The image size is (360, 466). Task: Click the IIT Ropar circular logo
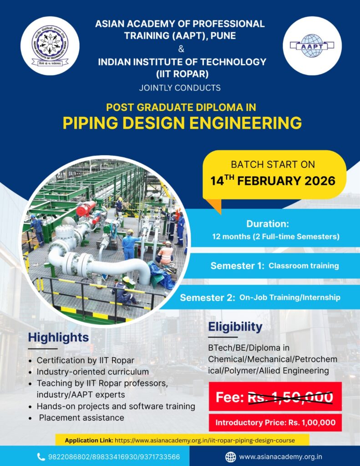coord(50,46)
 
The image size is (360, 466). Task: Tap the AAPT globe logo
coord(312,46)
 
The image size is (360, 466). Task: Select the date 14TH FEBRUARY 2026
coord(273,181)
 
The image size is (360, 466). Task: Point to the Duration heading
coord(268,223)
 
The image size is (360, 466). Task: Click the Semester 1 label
coord(237,266)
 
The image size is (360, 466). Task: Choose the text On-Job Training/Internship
coord(290,297)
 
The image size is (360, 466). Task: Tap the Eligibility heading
coord(235,327)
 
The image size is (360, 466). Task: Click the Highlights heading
coord(58,338)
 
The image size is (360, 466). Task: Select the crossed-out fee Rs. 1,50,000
coord(290,397)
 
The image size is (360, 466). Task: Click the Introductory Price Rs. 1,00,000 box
coord(275,422)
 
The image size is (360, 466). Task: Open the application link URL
coord(205,440)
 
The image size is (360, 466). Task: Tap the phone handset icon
coord(41,457)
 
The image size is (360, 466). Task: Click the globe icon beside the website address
coord(230,457)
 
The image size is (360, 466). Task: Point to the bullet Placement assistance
coord(81,418)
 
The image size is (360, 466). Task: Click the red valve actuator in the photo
coord(86,208)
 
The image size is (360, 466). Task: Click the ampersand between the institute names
coord(181,49)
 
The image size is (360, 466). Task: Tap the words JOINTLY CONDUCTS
coord(180,88)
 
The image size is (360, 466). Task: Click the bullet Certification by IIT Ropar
coord(85,360)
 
